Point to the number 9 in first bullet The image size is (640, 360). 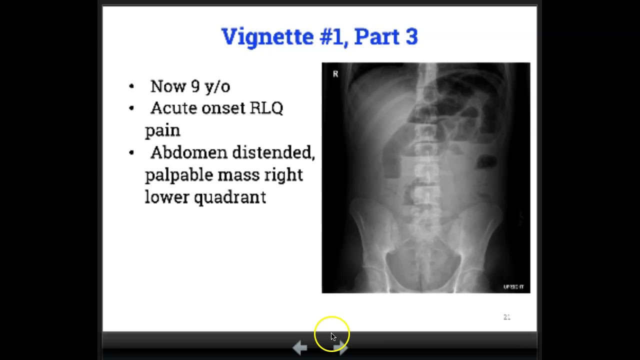pyautogui.click(x=195, y=86)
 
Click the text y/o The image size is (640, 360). pyautogui.click(x=217, y=86)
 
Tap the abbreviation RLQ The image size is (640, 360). pyautogui.click(x=266, y=108)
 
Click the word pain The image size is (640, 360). pyautogui.click(x=162, y=130)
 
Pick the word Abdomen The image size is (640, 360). pyautogui.click(x=186, y=152)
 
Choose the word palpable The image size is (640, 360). pyautogui.click(x=178, y=175)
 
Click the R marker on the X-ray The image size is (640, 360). pyautogui.click(x=335, y=74)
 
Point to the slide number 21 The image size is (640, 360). pyautogui.click(x=506, y=317)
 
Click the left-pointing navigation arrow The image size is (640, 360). pyautogui.click(x=299, y=347)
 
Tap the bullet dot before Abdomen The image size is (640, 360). pyautogui.click(x=131, y=152)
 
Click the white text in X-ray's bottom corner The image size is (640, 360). pyautogui.click(x=513, y=287)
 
